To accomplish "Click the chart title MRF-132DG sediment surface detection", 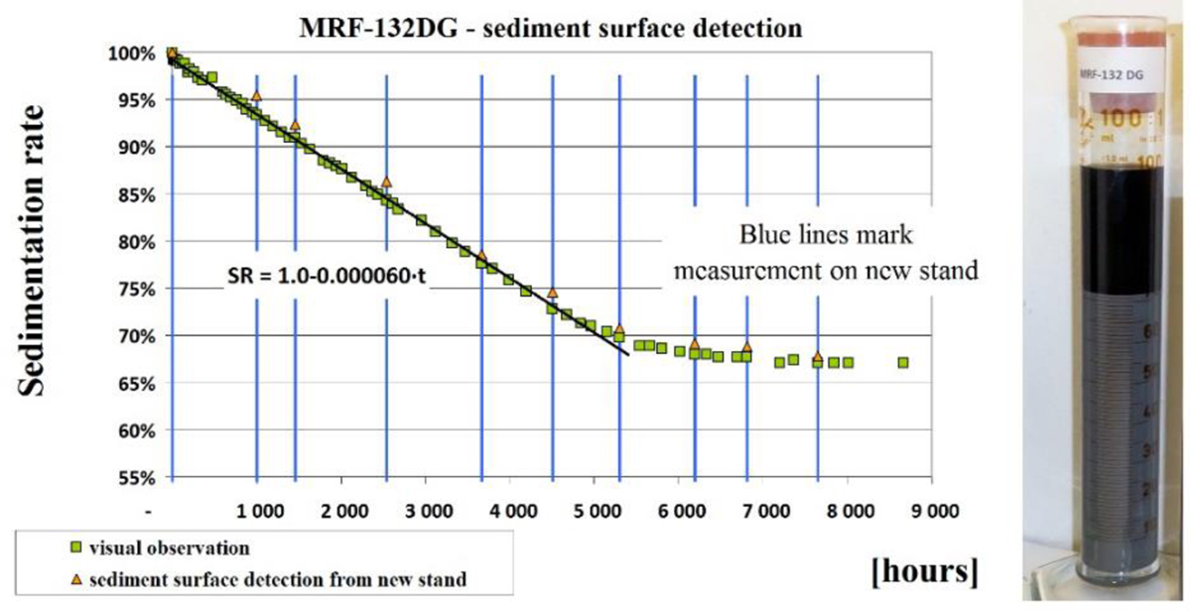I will pyautogui.click(x=552, y=27).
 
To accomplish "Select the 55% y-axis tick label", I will pyautogui.click(x=133, y=477).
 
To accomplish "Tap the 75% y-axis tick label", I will pyautogui.click(x=133, y=289).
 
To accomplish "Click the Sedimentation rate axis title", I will pyautogui.click(x=38, y=267).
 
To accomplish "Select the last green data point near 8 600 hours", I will pyautogui.click(x=903, y=363).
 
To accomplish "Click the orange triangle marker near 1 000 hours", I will pyautogui.click(x=256, y=96).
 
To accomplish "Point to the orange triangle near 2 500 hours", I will pyautogui.click(x=386, y=182).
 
